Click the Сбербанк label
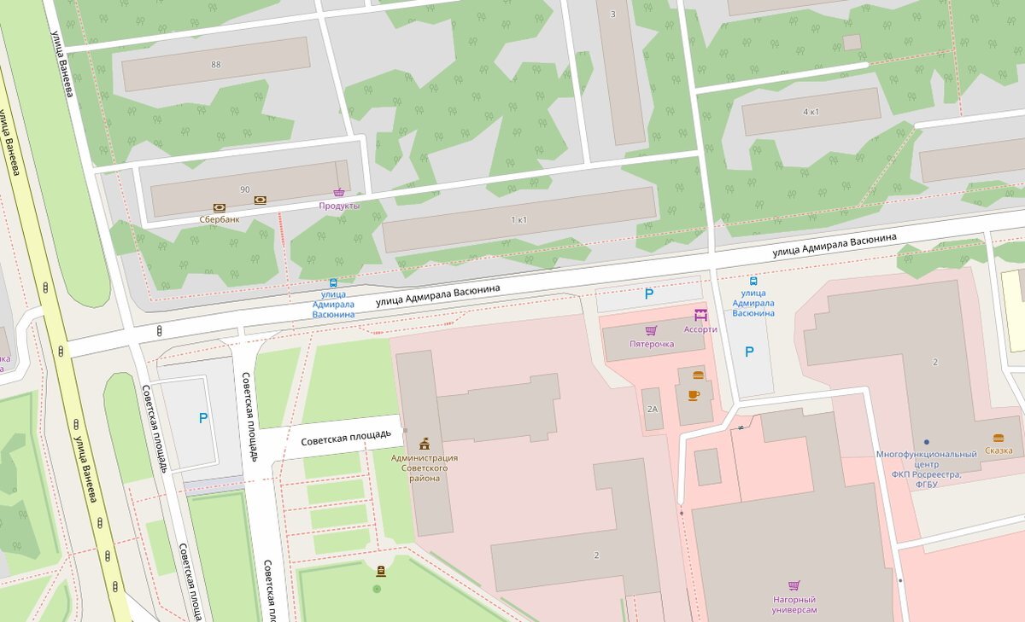(x=220, y=219)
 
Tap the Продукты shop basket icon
(x=339, y=194)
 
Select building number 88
(x=215, y=64)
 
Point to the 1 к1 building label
(x=518, y=220)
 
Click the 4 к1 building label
(x=811, y=112)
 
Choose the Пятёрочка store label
(x=652, y=344)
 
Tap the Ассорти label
(x=700, y=328)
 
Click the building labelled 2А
(x=653, y=410)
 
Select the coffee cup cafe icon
(x=694, y=395)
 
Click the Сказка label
(x=999, y=450)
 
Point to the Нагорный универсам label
(x=794, y=605)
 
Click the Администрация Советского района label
(x=425, y=468)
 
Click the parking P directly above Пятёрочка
(x=649, y=294)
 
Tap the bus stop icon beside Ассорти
(x=753, y=281)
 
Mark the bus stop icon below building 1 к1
(x=333, y=283)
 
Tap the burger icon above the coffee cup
(x=698, y=375)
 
